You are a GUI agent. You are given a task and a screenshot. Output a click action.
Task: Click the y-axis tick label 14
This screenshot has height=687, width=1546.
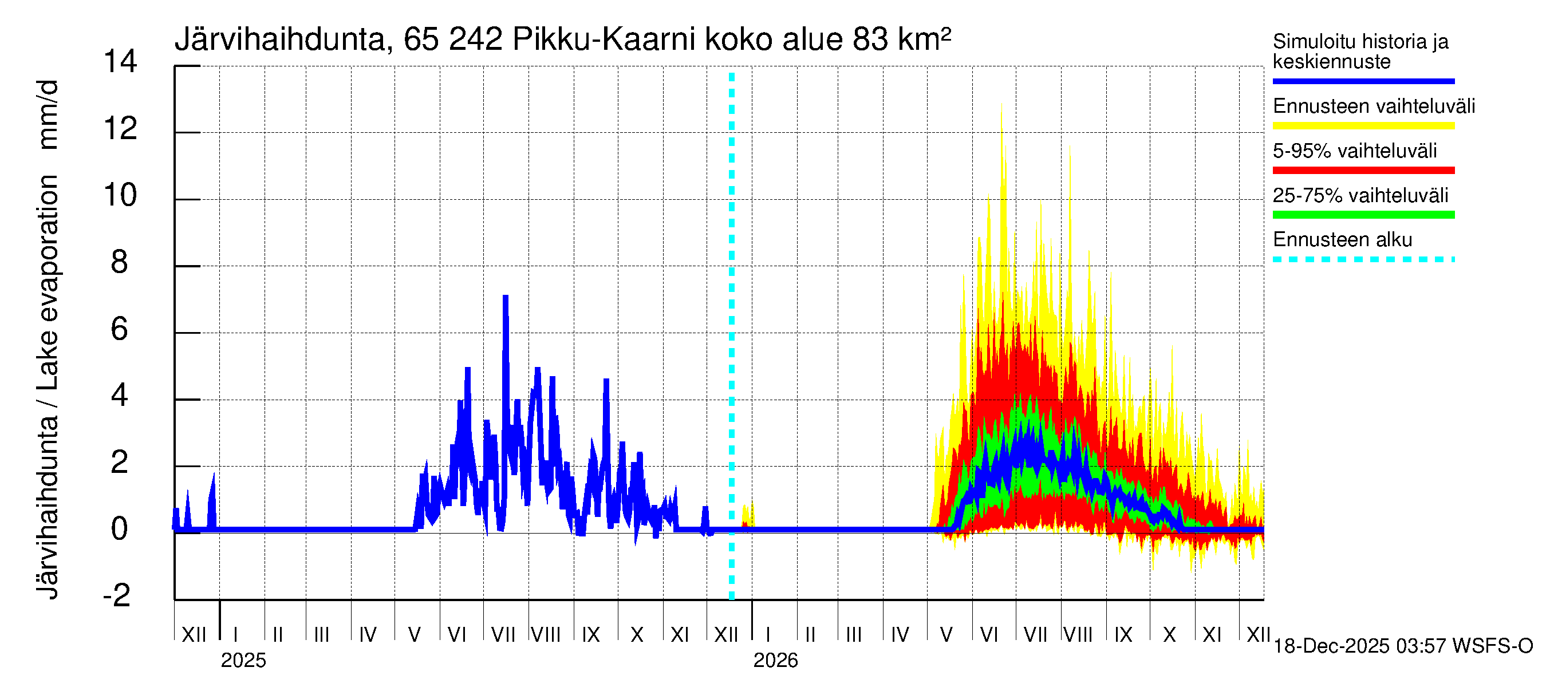click(120, 62)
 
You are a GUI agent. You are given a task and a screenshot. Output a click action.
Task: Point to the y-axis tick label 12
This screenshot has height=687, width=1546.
click(120, 129)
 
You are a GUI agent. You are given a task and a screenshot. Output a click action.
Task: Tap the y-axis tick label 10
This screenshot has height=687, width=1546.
click(120, 196)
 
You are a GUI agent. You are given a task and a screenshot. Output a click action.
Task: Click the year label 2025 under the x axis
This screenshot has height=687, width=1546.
click(243, 661)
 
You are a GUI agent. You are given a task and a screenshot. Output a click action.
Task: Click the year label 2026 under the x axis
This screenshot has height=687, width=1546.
click(775, 661)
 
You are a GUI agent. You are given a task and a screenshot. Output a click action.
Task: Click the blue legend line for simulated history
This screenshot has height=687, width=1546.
click(1363, 81)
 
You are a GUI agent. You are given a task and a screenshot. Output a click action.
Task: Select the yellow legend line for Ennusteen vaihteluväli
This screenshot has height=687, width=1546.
click(1363, 125)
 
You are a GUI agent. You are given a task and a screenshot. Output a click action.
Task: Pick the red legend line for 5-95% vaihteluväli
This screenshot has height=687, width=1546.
click(1363, 171)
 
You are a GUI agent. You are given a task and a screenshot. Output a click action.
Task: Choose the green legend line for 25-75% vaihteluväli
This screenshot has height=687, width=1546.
click(1363, 215)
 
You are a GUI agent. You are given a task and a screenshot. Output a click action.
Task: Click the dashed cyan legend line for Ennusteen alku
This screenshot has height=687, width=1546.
click(1363, 260)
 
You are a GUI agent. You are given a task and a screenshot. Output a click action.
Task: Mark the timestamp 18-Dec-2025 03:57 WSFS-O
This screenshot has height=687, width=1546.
click(1402, 646)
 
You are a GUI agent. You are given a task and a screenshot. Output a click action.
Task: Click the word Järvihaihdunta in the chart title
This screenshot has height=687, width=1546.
click(280, 40)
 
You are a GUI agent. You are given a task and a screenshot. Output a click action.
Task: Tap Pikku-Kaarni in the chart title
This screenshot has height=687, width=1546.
click(604, 40)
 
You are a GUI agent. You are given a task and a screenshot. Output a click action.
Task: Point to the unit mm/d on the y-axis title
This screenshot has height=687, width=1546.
click(48, 114)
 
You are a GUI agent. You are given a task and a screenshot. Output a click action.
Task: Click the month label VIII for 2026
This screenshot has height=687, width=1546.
click(1078, 635)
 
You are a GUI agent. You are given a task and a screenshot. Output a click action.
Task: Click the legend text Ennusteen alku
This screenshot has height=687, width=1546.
click(1342, 240)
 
